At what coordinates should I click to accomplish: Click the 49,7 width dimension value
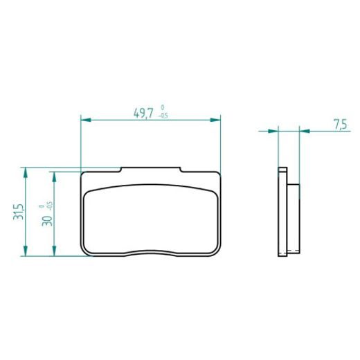[143, 113]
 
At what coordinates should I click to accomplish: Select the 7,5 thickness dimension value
[340, 125]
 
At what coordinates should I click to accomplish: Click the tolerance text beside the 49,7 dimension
[162, 112]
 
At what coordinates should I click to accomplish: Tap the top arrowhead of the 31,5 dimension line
[26, 170]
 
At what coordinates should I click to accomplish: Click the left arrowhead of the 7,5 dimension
[275, 130]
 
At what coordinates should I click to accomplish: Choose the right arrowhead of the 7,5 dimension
[303, 130]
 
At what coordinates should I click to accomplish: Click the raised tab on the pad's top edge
[151, 168]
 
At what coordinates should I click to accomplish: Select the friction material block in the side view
[294, 216]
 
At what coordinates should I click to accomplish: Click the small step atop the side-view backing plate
[282, 170]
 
